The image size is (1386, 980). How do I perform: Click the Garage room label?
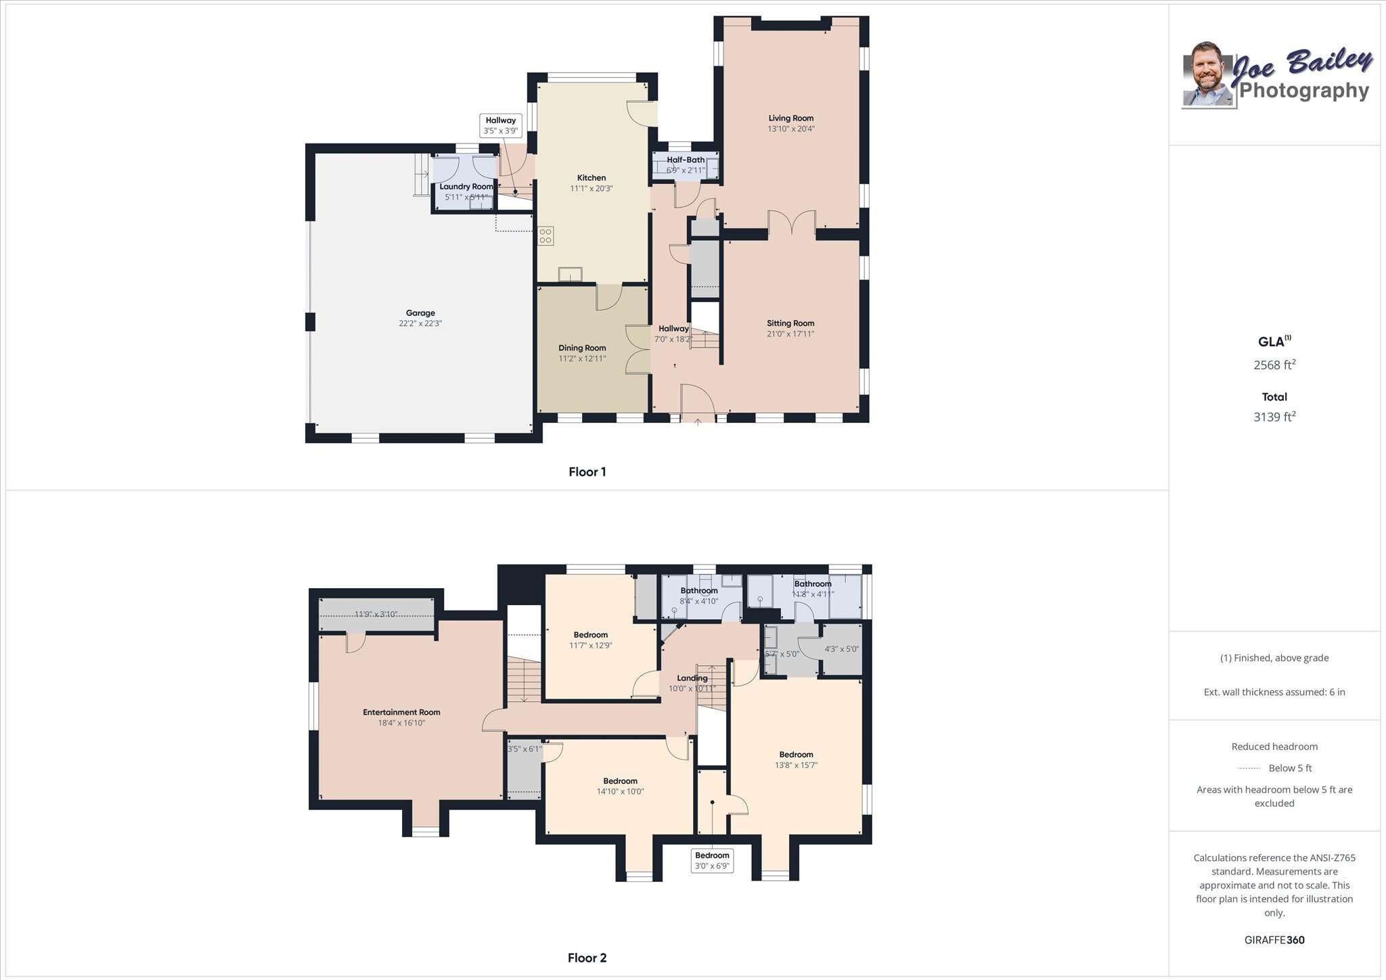click(x=420, y=313)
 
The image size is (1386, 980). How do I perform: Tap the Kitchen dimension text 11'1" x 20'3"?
click(x=591, y=189)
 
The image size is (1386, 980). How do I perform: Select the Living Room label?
click(x=790, y=118)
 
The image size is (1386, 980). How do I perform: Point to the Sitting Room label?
click(x=790, y=324)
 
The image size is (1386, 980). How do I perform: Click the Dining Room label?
click(x=582, y=348)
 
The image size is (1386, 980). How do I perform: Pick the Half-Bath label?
click(x=686, y=160)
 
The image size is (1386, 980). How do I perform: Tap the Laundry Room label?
click(x=466, y=187)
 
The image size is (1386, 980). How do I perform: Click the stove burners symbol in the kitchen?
click(x=545, y=236)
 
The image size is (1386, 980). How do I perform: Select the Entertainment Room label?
click(x=401, y=712)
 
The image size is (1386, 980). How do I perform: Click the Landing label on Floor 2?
click(x=692, y=678)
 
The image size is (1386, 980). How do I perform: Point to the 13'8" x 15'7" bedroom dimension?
click(x=796, y=765)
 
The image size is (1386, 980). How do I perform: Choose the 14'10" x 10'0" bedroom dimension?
click(x=620, y=791)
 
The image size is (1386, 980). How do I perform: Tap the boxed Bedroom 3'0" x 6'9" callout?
click(x=712, y=860)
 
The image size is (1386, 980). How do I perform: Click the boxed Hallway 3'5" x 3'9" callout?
click(x=500, y=125)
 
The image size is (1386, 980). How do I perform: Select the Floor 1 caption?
click(x=587, y=472)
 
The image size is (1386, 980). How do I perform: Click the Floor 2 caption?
click(x=587, y=958)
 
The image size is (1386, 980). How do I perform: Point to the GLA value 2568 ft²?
click(x=1274, y=365)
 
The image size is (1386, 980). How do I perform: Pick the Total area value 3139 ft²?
click(x=1274, y=417)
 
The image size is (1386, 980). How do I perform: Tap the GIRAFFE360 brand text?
click(x=1274, y=940)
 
